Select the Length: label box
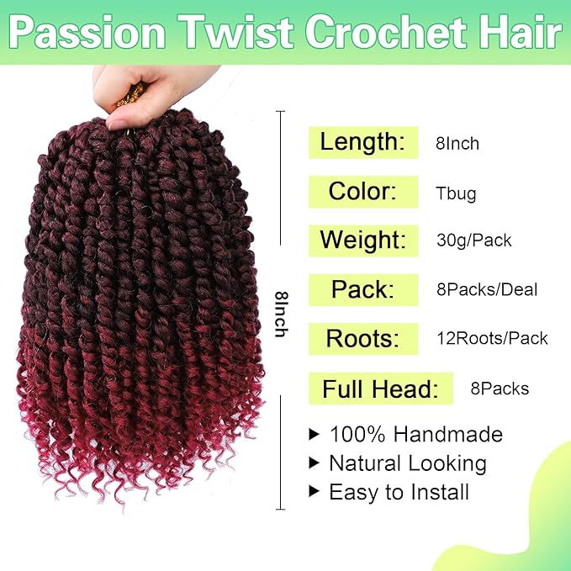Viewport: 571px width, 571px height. [362, 142]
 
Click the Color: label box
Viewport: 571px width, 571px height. [362, 191]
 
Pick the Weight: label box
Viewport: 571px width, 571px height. [362, 241]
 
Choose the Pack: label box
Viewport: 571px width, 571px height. [362, 289]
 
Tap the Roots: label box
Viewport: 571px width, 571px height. [362, 338]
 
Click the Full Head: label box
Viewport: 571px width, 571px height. [380, 389]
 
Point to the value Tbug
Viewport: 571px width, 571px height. [456, 193]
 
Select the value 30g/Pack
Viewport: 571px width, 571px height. [473, 241]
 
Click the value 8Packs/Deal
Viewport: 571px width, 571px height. [486, 290]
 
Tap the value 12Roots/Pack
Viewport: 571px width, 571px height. [491, 339]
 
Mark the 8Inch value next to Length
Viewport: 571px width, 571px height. [457, 144]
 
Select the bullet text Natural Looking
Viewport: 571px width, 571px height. [407, 463]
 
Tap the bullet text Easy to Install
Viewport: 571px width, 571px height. [399, 492]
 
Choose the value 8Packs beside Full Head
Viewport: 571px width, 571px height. [500, 389]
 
